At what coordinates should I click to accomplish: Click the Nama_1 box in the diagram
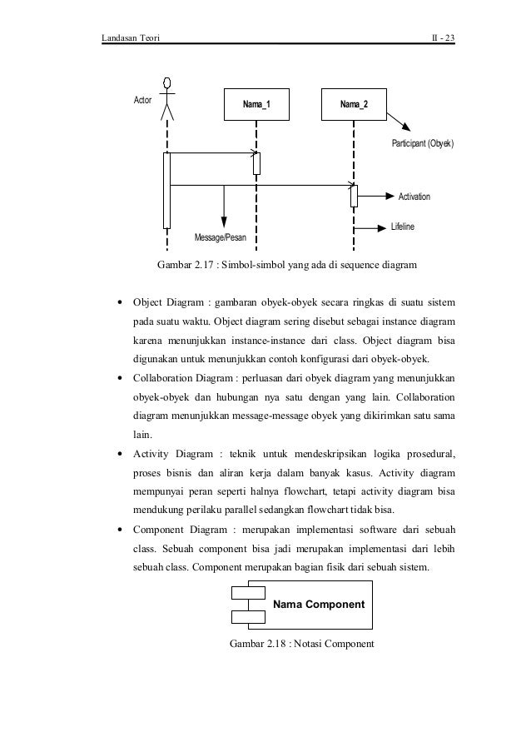tap(256, 104)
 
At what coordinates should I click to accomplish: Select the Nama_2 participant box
tap(355, 104)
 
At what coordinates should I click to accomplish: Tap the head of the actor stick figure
tap(168, 82)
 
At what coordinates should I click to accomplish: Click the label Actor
tap(144, 101)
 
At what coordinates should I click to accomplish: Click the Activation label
tap(414, 197)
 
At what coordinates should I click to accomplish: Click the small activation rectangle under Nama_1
tap(257, 163)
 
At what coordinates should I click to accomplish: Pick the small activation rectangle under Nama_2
tap(354, 196)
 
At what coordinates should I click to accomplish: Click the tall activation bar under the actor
tap(167, 190)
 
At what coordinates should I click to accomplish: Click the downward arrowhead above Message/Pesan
tap(224, 221)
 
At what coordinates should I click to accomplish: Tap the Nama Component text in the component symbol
tap(320, 603)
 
